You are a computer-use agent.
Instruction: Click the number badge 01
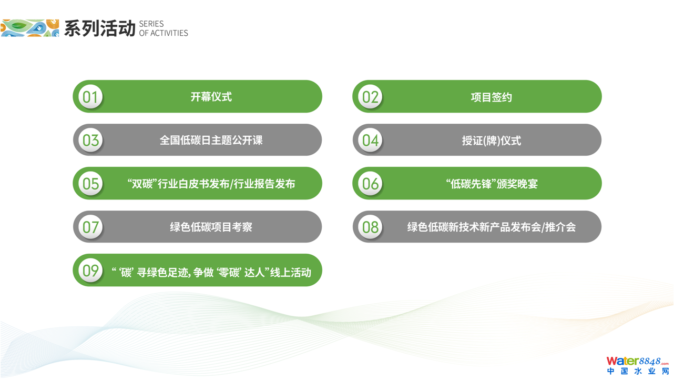point(90,97)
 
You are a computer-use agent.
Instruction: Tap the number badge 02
point(371,97)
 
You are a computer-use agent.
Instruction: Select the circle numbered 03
point(90,140)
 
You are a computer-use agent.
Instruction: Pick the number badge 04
point(371,140)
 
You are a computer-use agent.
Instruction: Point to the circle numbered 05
point(90,183)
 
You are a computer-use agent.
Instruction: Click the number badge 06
point(371,183)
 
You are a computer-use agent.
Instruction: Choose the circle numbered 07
point(90,227)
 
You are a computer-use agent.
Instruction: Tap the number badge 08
point(371,227)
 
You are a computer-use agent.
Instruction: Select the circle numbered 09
point(90,270)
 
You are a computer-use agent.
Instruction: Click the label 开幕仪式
point(211,97)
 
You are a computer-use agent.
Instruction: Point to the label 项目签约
point(492,97)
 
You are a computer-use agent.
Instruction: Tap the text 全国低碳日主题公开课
point(211,140)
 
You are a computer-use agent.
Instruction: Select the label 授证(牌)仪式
point(492,141)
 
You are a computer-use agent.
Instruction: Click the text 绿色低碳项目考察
point(211,227)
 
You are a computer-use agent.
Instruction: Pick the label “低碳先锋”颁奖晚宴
point(492,184)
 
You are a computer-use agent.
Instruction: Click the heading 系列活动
point(99,28)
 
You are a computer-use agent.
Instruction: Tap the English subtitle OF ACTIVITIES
point(164,33)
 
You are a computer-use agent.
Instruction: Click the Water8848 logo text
point(637,361)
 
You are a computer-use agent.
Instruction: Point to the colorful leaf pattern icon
point(30,28)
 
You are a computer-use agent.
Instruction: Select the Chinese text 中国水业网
point(638,371)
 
